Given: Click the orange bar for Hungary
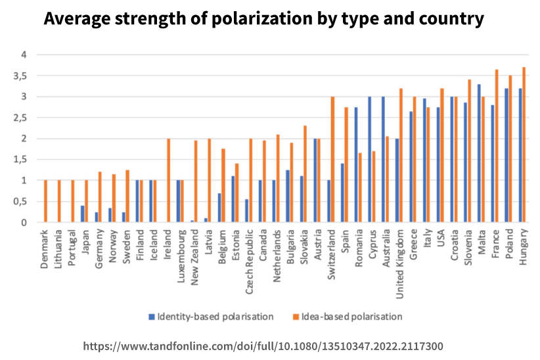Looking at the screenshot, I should (x=524, y=145).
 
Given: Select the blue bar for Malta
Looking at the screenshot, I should (x=479, y=153).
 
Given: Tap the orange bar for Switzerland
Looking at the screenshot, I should (x=332, y=160).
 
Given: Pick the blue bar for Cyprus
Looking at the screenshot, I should (x=370, y=160).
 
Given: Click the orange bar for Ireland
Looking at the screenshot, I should (x=169, y=181).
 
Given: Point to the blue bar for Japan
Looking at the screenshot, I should (x=83, y=214).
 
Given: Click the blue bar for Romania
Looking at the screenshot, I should (x=356, y=165).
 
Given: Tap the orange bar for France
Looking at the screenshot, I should (x=497, y=146).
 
